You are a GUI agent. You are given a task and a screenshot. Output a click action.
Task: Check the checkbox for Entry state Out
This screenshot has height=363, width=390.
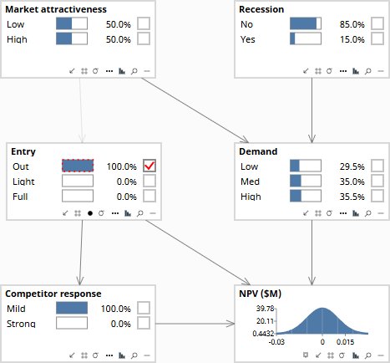[x=149, y=166]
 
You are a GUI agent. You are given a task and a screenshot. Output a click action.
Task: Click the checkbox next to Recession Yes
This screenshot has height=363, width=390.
[x=377, y=38]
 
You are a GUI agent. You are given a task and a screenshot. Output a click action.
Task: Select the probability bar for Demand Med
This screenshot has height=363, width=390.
[x=306, y=181]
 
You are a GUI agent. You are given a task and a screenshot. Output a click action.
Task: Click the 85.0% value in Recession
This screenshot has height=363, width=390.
[x=352, y=24]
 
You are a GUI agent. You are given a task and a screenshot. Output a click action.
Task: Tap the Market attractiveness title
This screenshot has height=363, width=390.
[x=56, y=9]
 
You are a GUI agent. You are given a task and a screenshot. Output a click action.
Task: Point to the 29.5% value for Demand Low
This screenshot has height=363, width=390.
[x=352, y=166]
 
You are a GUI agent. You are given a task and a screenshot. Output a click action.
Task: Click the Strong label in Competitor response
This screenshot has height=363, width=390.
[x=21, y=324]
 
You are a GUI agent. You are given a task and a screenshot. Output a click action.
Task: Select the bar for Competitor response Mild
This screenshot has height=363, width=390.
[x=72, y=309]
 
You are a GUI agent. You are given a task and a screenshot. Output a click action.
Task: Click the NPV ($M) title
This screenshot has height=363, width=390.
[x=261, y=294]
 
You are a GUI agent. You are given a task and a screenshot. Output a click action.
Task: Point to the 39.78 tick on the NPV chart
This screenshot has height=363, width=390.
[x=266, y=309]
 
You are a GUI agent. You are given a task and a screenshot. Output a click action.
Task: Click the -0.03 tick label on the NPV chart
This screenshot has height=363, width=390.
[x=276, y=342]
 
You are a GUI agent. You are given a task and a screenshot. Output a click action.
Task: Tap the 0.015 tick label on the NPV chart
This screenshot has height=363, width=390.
[x=345, y=342]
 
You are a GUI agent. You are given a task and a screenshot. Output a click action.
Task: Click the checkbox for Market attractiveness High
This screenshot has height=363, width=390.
[x=144, y=38]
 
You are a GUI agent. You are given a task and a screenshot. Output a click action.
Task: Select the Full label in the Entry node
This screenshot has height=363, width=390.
[x=20, y=197]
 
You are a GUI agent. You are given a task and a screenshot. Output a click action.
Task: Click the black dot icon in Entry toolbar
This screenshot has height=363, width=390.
[x=90, y=213]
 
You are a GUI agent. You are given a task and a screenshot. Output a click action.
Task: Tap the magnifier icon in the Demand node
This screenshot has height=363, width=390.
[x=368, y=213]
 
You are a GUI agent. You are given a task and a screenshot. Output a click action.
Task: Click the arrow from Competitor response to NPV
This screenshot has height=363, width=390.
[x=195, y=324]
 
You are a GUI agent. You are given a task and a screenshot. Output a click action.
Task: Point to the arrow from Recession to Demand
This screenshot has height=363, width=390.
[x=311, y=110]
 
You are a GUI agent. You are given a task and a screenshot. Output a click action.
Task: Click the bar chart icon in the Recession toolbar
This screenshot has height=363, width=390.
[x=356, y=71]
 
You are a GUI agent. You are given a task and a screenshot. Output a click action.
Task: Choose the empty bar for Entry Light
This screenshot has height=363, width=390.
[x=78, y=181]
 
